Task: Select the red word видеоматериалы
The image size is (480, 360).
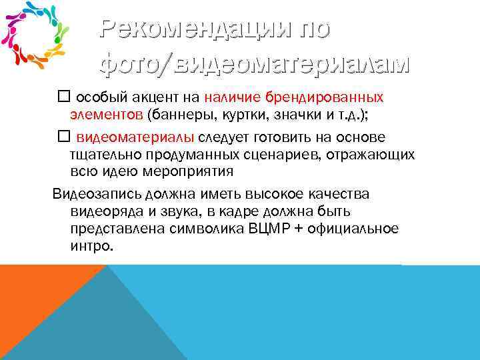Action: pos(135,137)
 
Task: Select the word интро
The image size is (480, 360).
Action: pos(91,246)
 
